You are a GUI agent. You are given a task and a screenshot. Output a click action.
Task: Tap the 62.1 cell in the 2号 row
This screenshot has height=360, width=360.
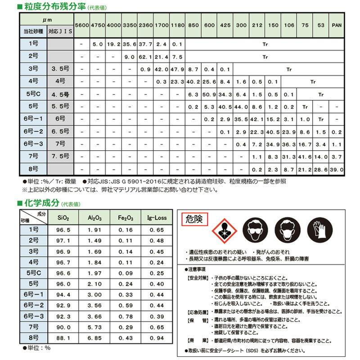click(x=145, y=57)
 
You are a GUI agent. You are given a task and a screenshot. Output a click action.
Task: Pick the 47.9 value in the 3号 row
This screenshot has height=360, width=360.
click(x=177, y=70)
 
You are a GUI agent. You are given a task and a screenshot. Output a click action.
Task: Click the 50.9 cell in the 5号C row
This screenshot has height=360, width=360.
click(x=209, y=95)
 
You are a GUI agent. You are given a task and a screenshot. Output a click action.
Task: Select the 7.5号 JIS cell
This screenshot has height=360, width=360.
click(x=60, y=157)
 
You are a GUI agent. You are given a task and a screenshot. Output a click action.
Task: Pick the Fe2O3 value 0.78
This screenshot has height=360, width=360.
click(x=126, y=316)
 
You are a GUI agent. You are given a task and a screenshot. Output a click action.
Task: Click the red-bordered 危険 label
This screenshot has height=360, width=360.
click(x=194, y=220)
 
